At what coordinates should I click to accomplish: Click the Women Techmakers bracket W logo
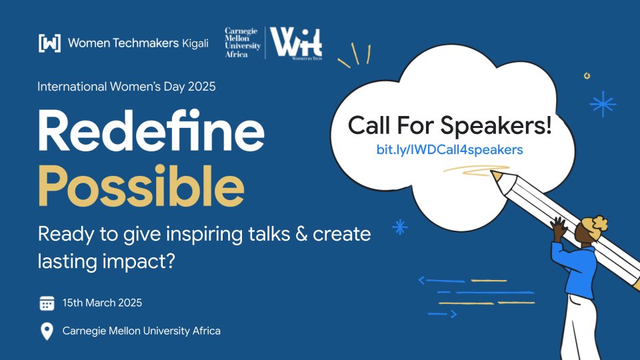click(50, 43)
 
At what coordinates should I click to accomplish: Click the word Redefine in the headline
click(151, 132)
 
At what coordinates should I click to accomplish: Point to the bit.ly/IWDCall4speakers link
click(449, 150)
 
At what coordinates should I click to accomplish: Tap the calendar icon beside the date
click(47, 303)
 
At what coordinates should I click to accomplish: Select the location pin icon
click(47, 331)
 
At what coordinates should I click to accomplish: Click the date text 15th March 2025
click(102, 303)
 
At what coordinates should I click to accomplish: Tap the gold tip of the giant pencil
click(496, 175)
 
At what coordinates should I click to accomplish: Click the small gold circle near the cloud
click(587, 76)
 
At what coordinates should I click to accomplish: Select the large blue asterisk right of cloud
click(603, 103)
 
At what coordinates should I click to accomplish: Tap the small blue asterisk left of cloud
click(400, 227)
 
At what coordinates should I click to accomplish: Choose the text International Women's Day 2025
click(127, 87)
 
